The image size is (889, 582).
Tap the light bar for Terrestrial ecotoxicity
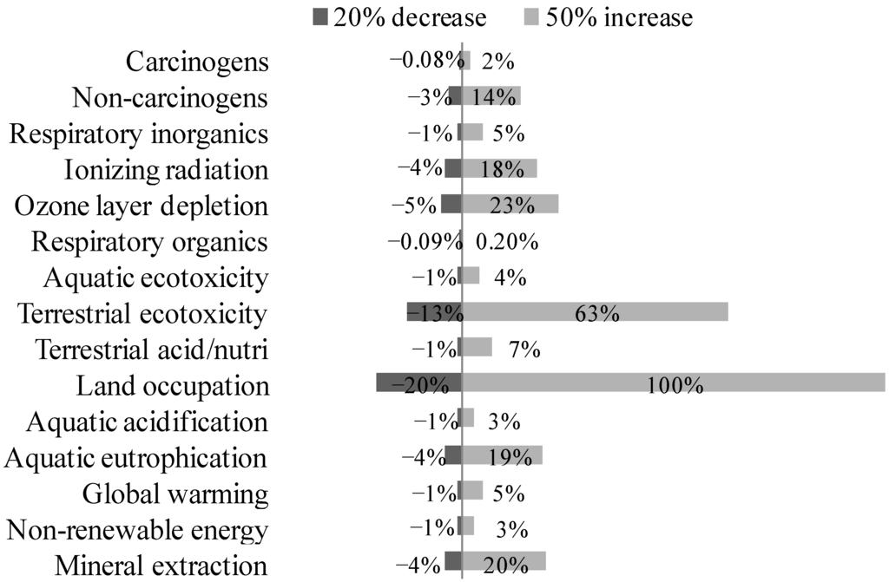(594, 311)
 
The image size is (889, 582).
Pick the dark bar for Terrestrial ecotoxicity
(433, 311)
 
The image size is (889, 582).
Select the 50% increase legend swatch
(532, 16)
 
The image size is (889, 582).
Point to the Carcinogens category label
(197, 62)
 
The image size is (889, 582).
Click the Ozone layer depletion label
(142, 206)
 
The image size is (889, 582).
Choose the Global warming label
(175, 494)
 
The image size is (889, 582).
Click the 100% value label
(675, 384)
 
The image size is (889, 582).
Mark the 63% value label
(597, 313)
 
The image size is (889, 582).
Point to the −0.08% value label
(426, 61)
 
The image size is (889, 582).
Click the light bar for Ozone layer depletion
(510, 204)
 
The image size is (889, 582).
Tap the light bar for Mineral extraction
(504, 561)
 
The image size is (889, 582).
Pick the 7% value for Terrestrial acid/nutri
(525, 350)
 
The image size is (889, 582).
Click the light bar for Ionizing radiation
(499, 167)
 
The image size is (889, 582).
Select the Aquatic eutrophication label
(135, 459)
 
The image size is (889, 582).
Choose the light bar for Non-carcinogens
(491, 95)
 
